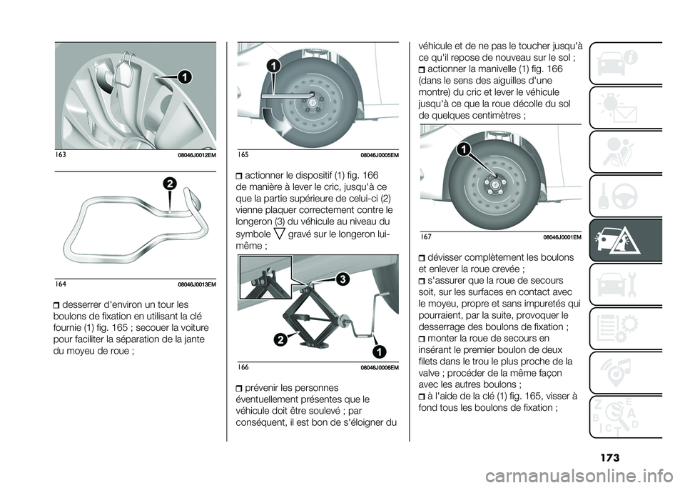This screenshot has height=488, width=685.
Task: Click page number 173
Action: [609, 458]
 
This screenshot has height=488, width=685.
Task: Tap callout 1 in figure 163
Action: [184, 76]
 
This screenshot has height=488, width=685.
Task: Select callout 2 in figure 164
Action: [170, 184]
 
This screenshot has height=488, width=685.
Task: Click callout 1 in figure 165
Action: [273, 67]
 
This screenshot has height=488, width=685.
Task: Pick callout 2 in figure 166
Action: [281, 339]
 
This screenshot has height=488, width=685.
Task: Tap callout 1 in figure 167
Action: [464, 150]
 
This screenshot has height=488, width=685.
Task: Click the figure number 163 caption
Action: [61, 154]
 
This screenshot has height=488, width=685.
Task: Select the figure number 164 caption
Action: [61, 284]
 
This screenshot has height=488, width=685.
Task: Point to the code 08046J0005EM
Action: [380, 155]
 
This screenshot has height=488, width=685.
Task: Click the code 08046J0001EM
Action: [562, 237]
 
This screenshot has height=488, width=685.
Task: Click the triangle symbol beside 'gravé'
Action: [280, 234]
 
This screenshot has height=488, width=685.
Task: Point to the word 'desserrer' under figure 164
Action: [81, 304]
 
